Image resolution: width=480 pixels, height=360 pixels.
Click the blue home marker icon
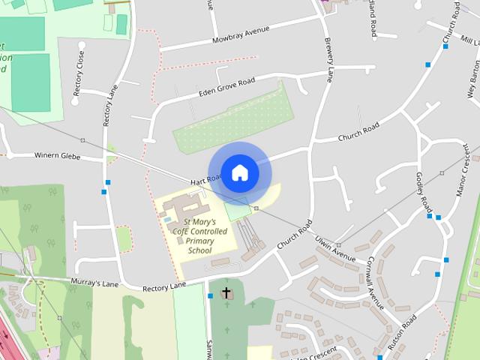[239, 172]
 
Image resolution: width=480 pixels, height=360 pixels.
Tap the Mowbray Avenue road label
[240, 35]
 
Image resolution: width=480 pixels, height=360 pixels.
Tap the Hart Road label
[205, 181]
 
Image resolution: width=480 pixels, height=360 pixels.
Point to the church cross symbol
[226, 292]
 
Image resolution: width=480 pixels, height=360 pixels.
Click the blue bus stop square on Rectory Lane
[108, 182]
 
